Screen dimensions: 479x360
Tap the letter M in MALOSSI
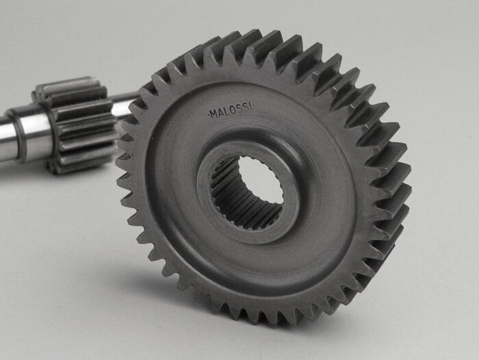213,114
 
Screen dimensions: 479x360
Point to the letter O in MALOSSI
233,111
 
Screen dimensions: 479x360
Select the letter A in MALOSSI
221,112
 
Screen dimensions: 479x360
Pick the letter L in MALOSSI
227,112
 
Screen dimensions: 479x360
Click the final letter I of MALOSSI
251,107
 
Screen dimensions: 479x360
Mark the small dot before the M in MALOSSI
209,115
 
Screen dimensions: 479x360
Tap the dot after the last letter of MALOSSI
254,107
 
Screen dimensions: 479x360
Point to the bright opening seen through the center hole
261,180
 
